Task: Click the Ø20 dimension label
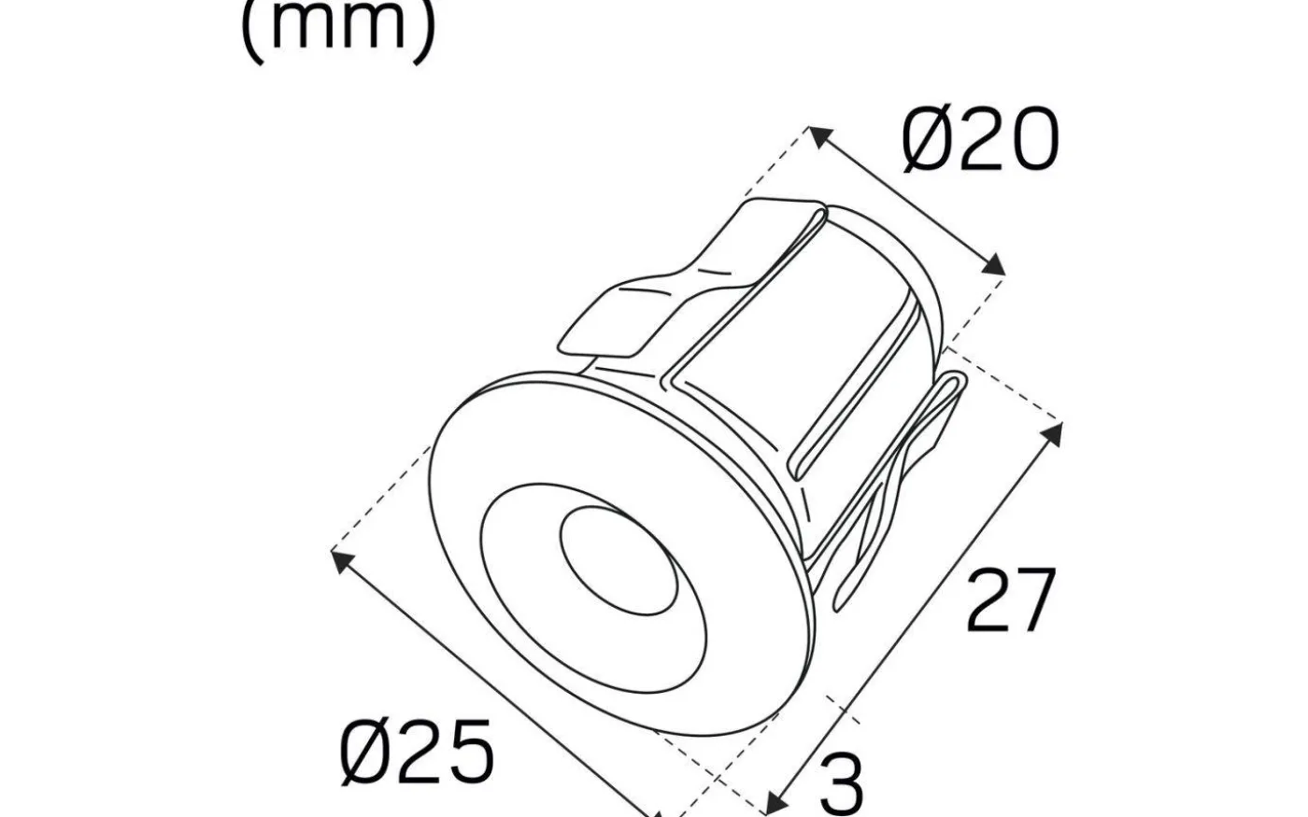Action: pyautogui.click(x=981, y=142)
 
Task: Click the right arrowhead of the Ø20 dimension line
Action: pyautogui.click(x=996, y=267)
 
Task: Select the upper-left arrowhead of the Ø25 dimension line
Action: pyautogui.click(x=342, y=560)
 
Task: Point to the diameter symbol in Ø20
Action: pyautogui.click(x=927, y=142)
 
